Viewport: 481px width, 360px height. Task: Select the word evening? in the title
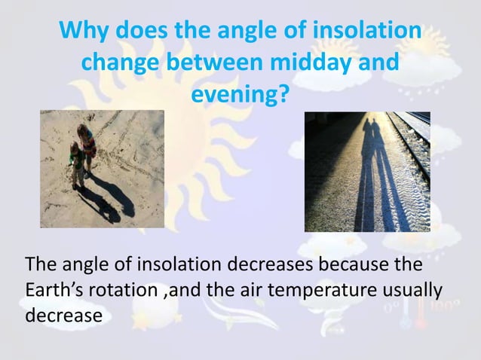coord(240,96)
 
